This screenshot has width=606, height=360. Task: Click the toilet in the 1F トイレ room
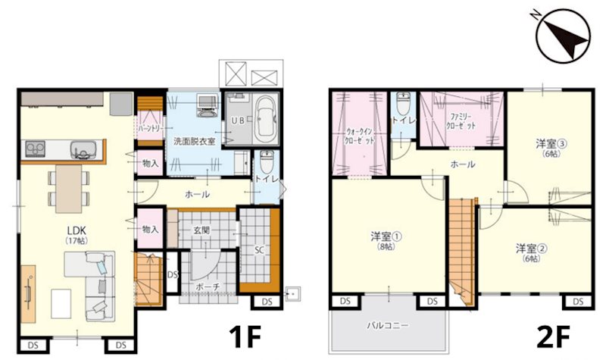point(266,163)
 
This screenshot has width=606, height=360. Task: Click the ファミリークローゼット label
point(461,121)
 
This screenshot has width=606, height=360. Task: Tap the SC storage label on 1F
point(258,249)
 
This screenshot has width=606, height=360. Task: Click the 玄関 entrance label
point(201,230)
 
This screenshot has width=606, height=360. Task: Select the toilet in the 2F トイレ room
point(403,102)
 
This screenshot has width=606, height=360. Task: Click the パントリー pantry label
point(149,130)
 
